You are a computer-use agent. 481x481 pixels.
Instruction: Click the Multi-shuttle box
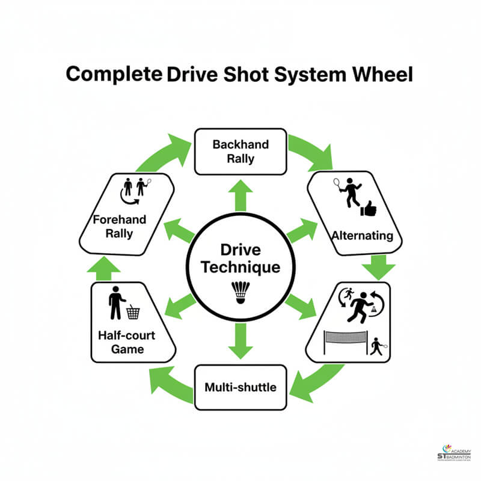[240, 387]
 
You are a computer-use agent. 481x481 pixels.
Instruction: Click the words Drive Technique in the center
[240, 258]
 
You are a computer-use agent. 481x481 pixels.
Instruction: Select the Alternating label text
[362, 236]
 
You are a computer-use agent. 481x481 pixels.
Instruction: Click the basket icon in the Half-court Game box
[133, 312]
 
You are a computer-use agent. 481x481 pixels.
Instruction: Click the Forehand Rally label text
[119, 227]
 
